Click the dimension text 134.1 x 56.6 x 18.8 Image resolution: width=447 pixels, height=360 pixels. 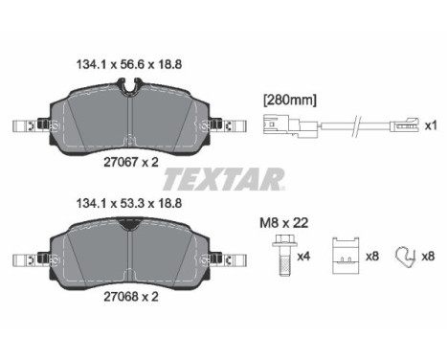coord(129,64)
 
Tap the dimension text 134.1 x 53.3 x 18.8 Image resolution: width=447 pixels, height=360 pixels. coord(129,203)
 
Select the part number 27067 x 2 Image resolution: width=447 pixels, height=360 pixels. coord(131,163)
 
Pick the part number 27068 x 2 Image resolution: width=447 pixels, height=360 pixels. coord(131,297)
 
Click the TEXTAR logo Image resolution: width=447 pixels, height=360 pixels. coord(223,179)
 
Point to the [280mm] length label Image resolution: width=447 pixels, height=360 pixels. coord(290,101)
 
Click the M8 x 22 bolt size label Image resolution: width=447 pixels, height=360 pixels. coord(284,223)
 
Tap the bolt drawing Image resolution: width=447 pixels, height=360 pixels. coord(284,255)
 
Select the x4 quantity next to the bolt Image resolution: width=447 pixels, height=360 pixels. coord(303,256)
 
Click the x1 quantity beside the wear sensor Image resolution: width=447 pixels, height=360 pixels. coord(431,125)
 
